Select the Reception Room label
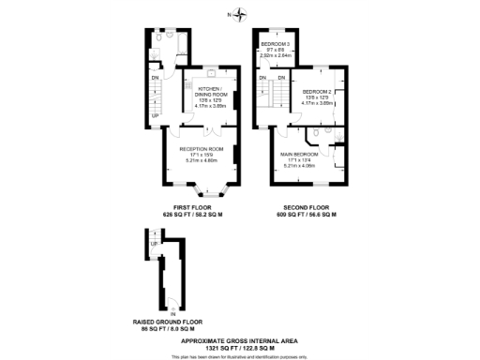click(201, 149)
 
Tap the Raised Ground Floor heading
click(165, 322)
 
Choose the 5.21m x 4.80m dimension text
click(201, 160)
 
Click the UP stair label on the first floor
click(157, 115)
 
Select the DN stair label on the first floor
click(157, 78)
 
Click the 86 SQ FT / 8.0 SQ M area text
click(165, 328)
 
